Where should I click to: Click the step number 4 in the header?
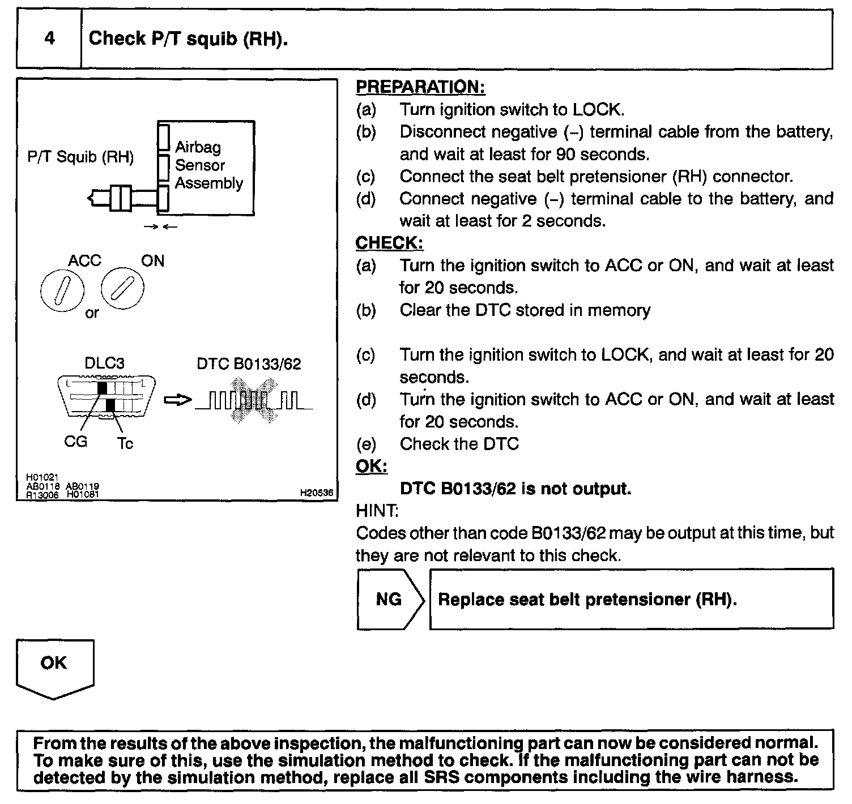point(49,39)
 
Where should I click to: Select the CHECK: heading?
point(389,243)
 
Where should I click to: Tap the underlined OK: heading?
point(371,467)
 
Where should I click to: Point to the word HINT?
point(377,511)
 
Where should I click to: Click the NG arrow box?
point(390,599)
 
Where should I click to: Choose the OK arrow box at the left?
point(54,667)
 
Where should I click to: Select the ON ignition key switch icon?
point(122,289)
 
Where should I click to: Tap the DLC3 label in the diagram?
point(104,363)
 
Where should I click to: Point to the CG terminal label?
point(75,441)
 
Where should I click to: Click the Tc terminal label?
point(125,443)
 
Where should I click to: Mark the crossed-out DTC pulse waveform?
point(253,400)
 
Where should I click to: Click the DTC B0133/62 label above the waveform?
point(249,363)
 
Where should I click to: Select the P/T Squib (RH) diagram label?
point(80,157)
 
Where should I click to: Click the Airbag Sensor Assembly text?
point(208,165)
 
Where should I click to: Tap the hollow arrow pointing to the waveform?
point(177,400)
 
